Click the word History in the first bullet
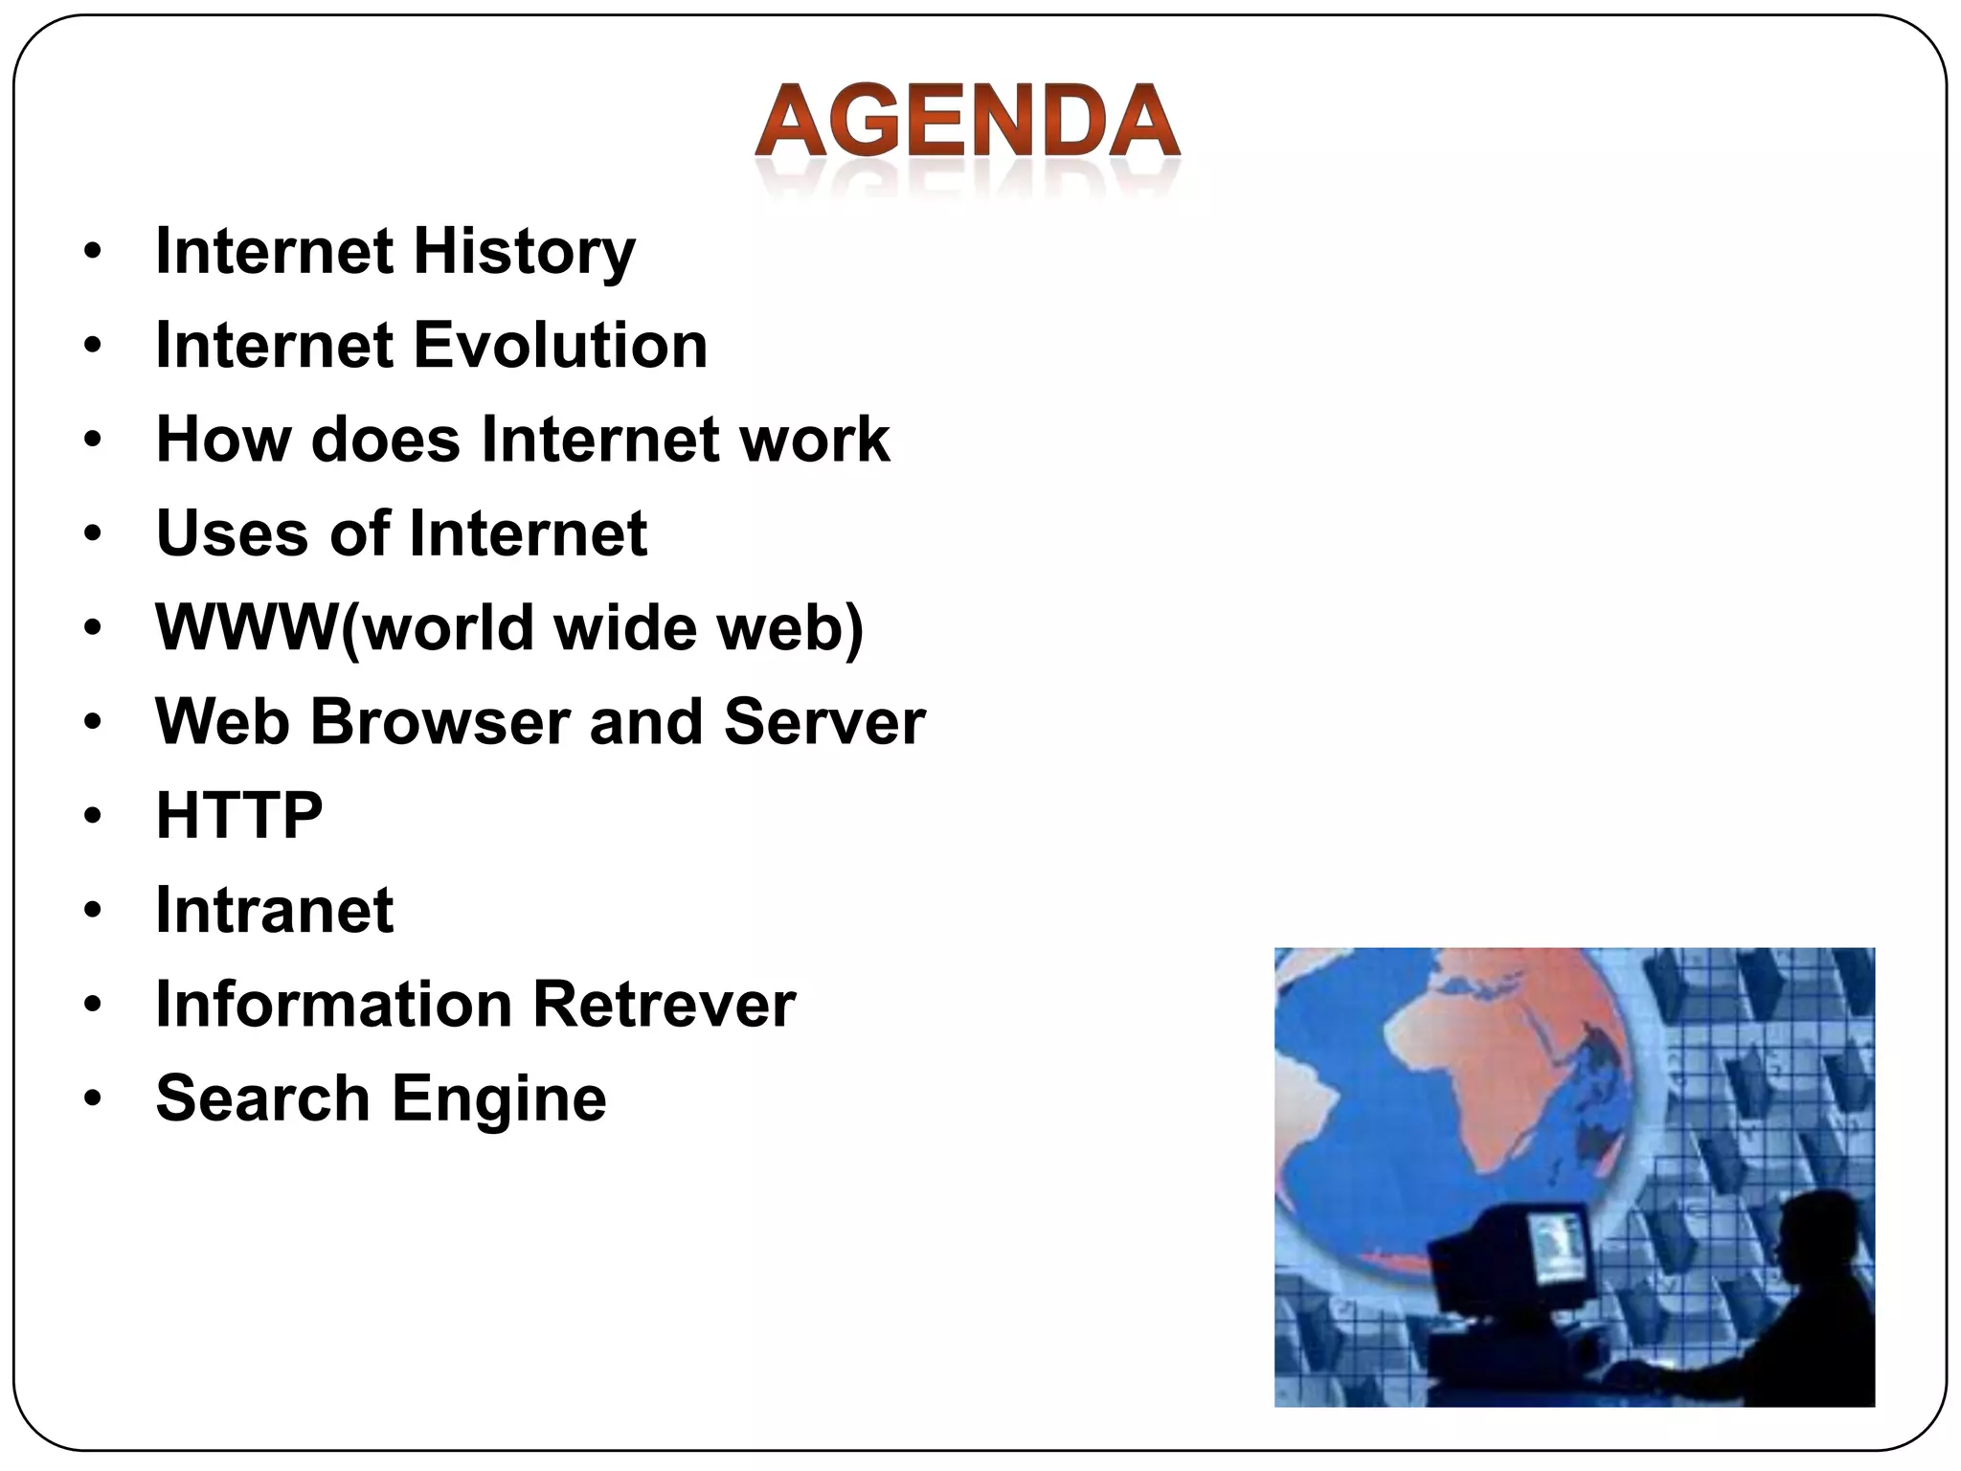click(524, 252)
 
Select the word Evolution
click(561, 346)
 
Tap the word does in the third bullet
click(385, 440)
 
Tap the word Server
click(824, 721)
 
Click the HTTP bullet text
click(239, 815)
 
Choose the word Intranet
click(275, 910)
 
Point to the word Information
click(333, 1004)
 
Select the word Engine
click(499, 1098)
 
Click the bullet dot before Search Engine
click(92, 1098)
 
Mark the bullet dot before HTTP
click(92, 816)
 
